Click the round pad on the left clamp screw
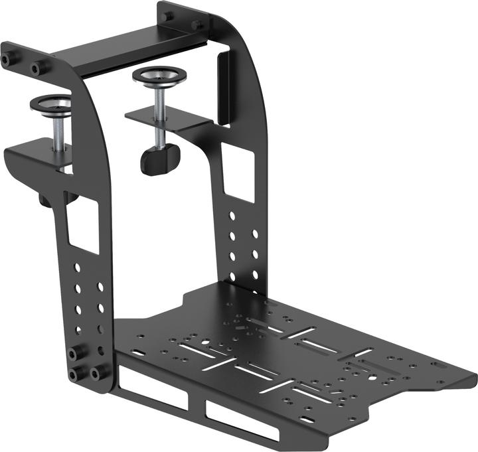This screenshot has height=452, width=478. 52,105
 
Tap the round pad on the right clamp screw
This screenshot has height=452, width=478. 157,75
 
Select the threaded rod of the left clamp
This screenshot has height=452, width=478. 58,133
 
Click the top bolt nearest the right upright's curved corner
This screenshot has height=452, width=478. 197,25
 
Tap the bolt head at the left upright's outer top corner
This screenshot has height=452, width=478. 7,60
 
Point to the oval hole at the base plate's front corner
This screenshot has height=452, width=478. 308,419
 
